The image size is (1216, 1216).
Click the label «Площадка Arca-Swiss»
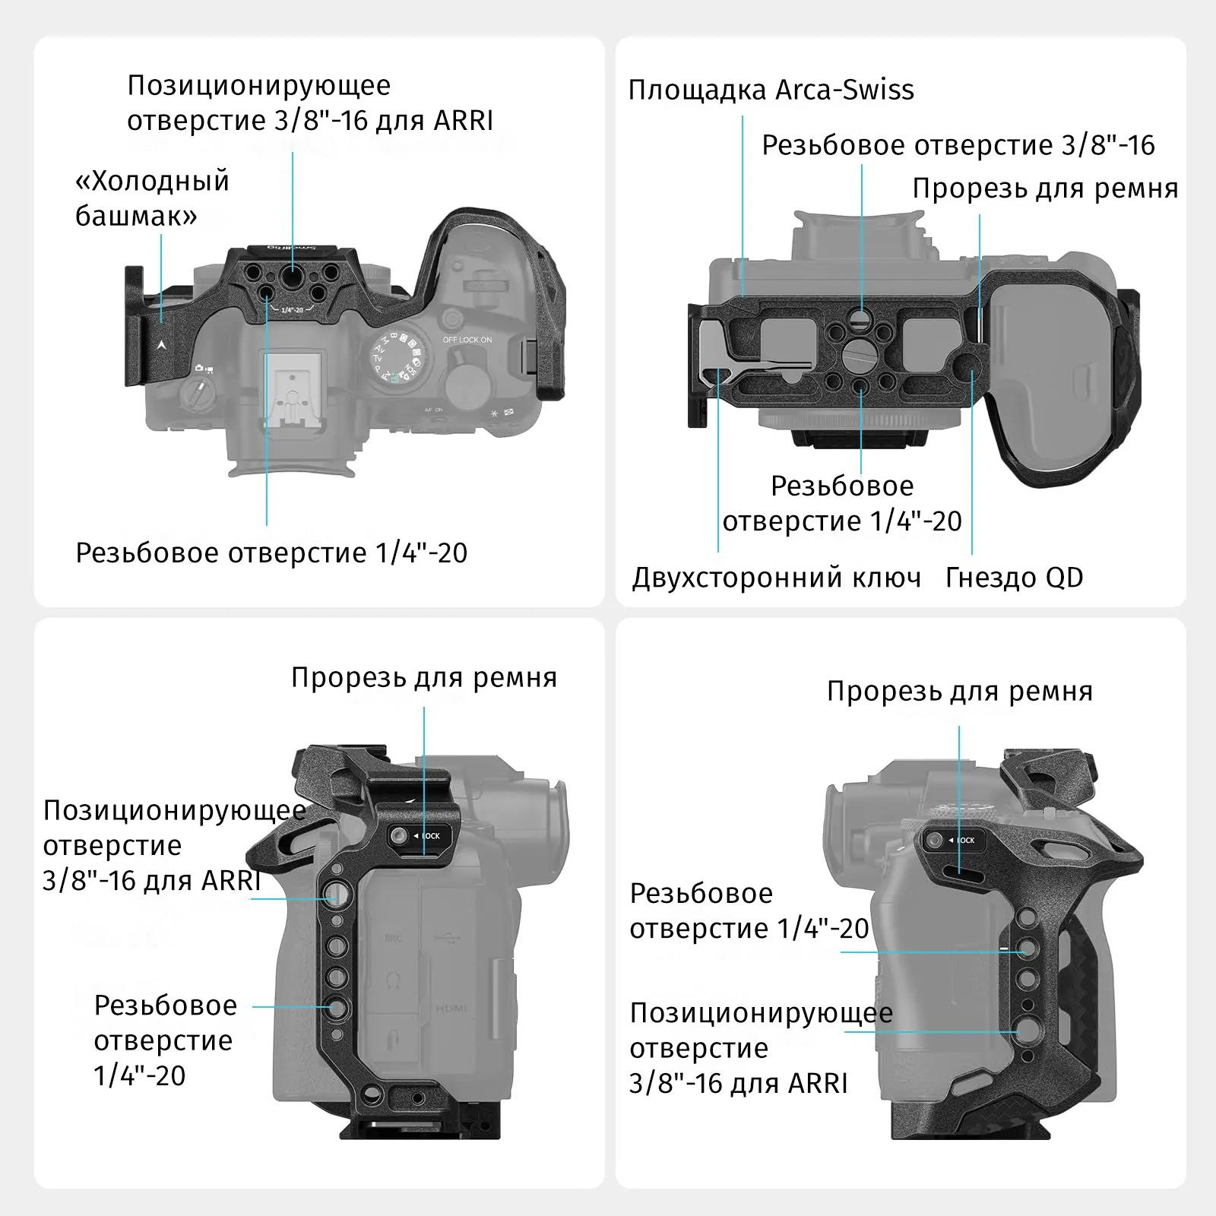point(771,90)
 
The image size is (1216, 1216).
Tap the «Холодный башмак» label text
point(152,198)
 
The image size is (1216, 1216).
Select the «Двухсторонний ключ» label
point(776,578)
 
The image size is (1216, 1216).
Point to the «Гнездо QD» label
point(1014,578)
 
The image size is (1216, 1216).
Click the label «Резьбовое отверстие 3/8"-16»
point(958,145)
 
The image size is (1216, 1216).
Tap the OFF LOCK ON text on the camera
point(467,340)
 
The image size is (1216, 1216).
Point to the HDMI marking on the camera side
point(451,1009)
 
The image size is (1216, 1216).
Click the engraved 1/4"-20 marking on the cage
point(292,309)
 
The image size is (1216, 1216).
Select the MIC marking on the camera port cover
point(393,939)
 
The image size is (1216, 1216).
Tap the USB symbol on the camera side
point(448,939)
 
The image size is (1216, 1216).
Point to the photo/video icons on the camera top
point(204,368)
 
